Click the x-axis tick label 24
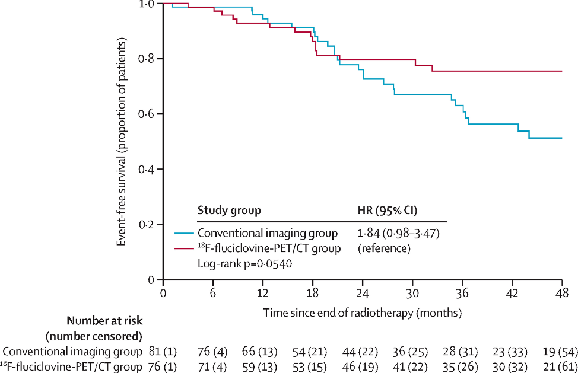(x=363, y=293)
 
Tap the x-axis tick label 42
(x=512, y=293)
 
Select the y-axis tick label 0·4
(x=147, y=170)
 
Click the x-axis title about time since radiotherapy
(x=363, y=313)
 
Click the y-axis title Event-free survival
(x=122, y=142)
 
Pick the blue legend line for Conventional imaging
(x=184, y=233)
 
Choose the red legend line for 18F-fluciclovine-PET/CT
(x=184, y=248)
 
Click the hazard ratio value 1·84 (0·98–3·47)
(x=398, y=234)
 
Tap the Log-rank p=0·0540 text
(x=244, y=264)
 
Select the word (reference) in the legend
(x=384, y=248)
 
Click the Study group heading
(x=229, y=211)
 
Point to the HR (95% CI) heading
(x=388, y=211)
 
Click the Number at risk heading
(x=104, y=321)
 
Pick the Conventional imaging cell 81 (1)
(x=163, y=352)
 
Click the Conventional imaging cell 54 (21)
(x=310, y=352)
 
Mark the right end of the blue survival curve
(x=562, y=138)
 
